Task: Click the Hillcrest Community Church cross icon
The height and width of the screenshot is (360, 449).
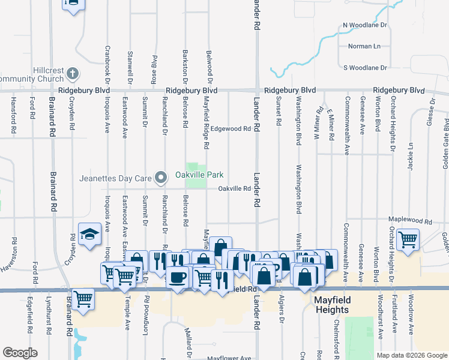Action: (71, 73)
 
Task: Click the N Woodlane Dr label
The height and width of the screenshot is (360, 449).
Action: (366, 26)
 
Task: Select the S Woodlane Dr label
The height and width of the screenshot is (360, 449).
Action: (365, 68)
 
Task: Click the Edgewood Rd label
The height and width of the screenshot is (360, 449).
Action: (230, 128)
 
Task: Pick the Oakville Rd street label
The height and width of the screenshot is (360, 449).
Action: (234, 188)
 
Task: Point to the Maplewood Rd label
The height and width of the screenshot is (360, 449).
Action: (410, 221)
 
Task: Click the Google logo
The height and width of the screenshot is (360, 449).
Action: (20, 353)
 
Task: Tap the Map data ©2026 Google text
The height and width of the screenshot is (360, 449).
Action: (411, 355)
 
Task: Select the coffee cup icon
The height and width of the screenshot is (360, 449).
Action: (178, 277)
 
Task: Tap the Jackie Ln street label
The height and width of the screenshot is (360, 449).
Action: (411, 157)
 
